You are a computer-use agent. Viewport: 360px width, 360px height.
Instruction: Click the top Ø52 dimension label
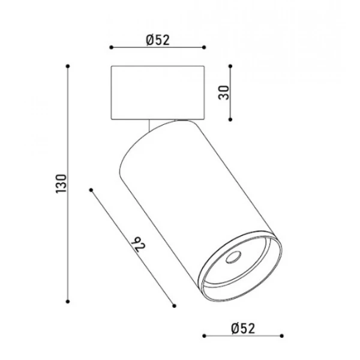tap(158, 40)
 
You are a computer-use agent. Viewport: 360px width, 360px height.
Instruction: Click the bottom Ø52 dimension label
tap(243, 328)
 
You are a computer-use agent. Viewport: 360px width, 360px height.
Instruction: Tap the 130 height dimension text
tap(61, 184)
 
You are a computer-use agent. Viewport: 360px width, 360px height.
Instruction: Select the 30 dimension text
tap(224, 93)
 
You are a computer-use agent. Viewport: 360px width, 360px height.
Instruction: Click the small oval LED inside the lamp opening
tap(233, 257)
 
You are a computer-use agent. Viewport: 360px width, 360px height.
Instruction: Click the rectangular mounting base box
tap(158, 93)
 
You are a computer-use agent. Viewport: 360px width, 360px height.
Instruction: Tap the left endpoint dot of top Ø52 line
tap(112, 47)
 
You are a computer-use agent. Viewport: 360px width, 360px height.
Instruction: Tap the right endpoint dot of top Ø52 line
tap(204, 47)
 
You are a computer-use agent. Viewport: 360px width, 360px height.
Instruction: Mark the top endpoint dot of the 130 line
tap(68, 67)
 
